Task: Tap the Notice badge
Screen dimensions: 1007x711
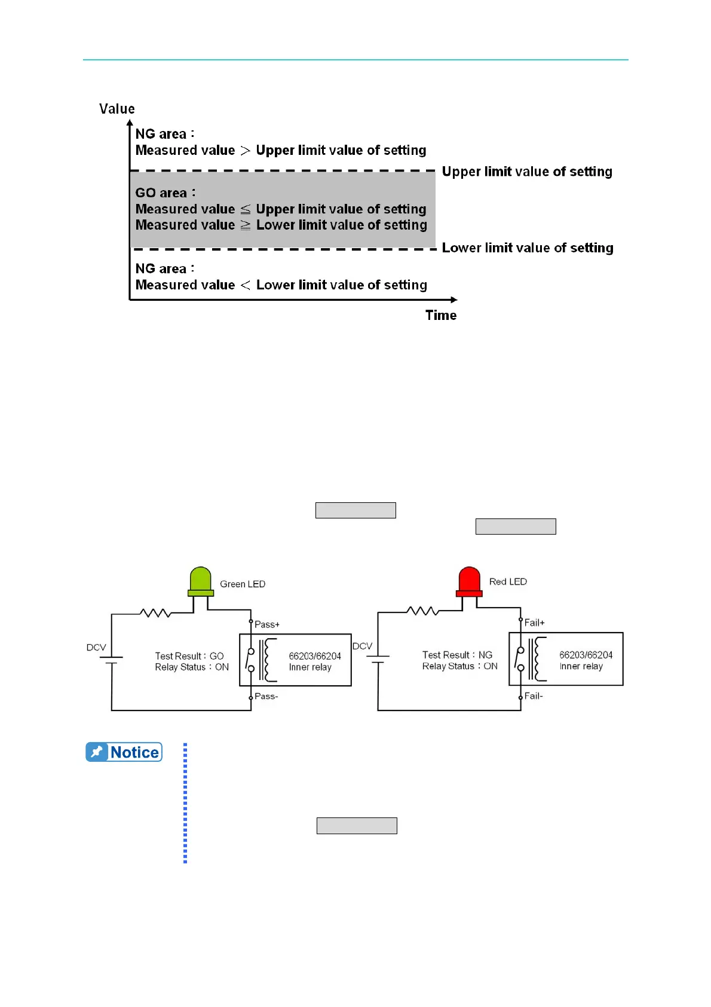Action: tap(124, 752)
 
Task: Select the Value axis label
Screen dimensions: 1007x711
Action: tap(117, 109)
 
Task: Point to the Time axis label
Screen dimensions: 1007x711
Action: tap(441, 315)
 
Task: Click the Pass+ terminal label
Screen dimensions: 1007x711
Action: tap(267, 624)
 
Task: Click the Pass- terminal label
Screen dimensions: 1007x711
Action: tap(266, 696)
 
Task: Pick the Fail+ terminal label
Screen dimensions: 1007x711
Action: tap(535, 622)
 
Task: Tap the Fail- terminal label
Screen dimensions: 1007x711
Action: tap(534, 695)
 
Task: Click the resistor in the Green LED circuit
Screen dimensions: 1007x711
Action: tap(156, 613)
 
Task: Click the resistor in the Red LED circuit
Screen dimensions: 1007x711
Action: tap(423, 611)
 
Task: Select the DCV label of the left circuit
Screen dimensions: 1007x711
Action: tap(96, 648)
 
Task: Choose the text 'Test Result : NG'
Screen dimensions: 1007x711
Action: tap(457, 655)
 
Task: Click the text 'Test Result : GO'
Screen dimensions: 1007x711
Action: tap(189, 656)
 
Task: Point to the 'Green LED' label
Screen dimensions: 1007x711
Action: tap(243, 584)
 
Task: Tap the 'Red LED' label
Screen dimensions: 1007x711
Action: tap(508, 582)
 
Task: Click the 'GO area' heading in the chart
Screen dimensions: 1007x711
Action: tap(165, 193)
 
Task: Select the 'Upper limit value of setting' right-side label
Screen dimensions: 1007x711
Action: tap(527, 172)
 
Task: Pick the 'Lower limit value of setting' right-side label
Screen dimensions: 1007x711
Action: tap(528, 248)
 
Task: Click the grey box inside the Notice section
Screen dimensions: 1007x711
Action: tap(357, 826)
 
